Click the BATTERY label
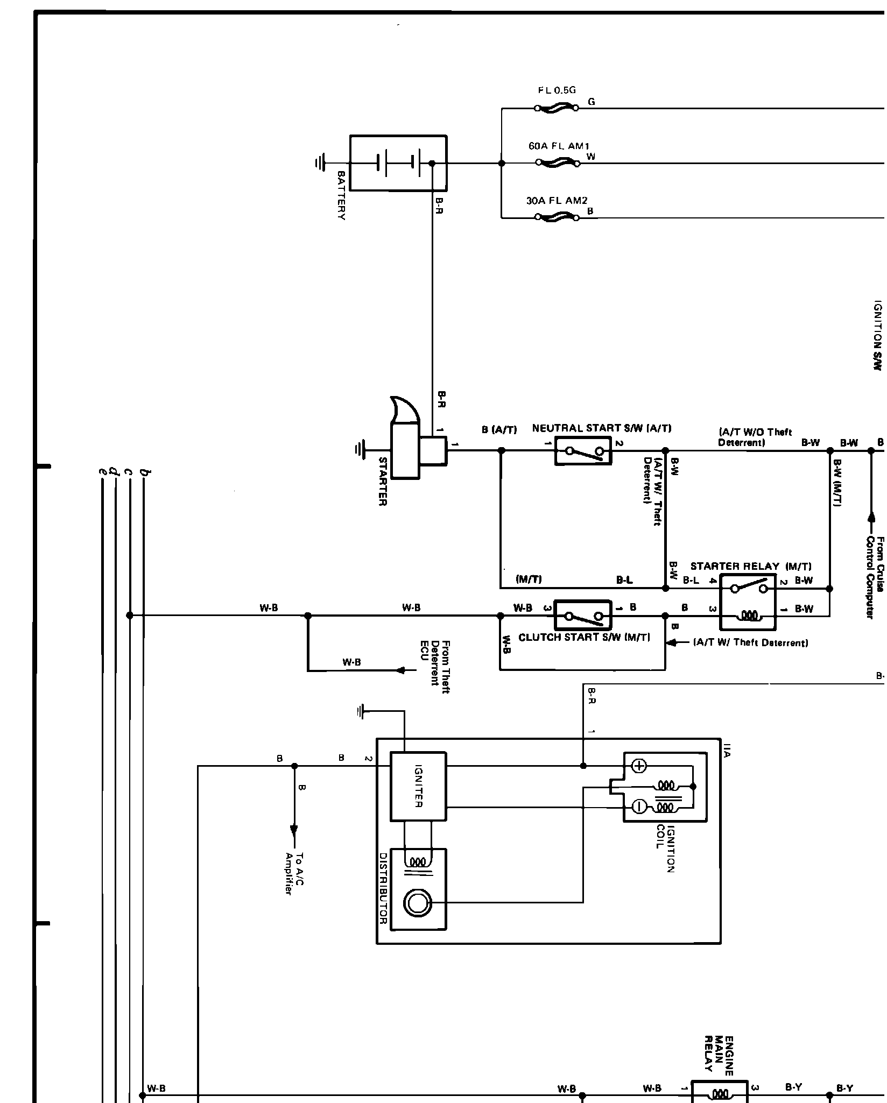coord(341,195)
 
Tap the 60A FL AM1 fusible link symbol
coord(558,162)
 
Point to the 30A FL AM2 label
coord(557,201)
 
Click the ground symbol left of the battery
coord(320,162)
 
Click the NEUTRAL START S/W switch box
coord(583,451)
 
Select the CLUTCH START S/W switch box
coord(583,614)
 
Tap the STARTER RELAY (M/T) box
coord(748,602)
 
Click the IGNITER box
coord(418,794)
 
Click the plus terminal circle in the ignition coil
coord(638,766)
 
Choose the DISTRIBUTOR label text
coord(383,895)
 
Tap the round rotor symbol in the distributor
coord(417,902)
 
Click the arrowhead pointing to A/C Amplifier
coord(294,844)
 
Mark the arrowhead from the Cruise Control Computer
coord(871,517)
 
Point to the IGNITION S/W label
coord(877,335)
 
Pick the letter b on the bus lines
coord(144,472)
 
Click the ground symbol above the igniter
coord(361,712)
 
